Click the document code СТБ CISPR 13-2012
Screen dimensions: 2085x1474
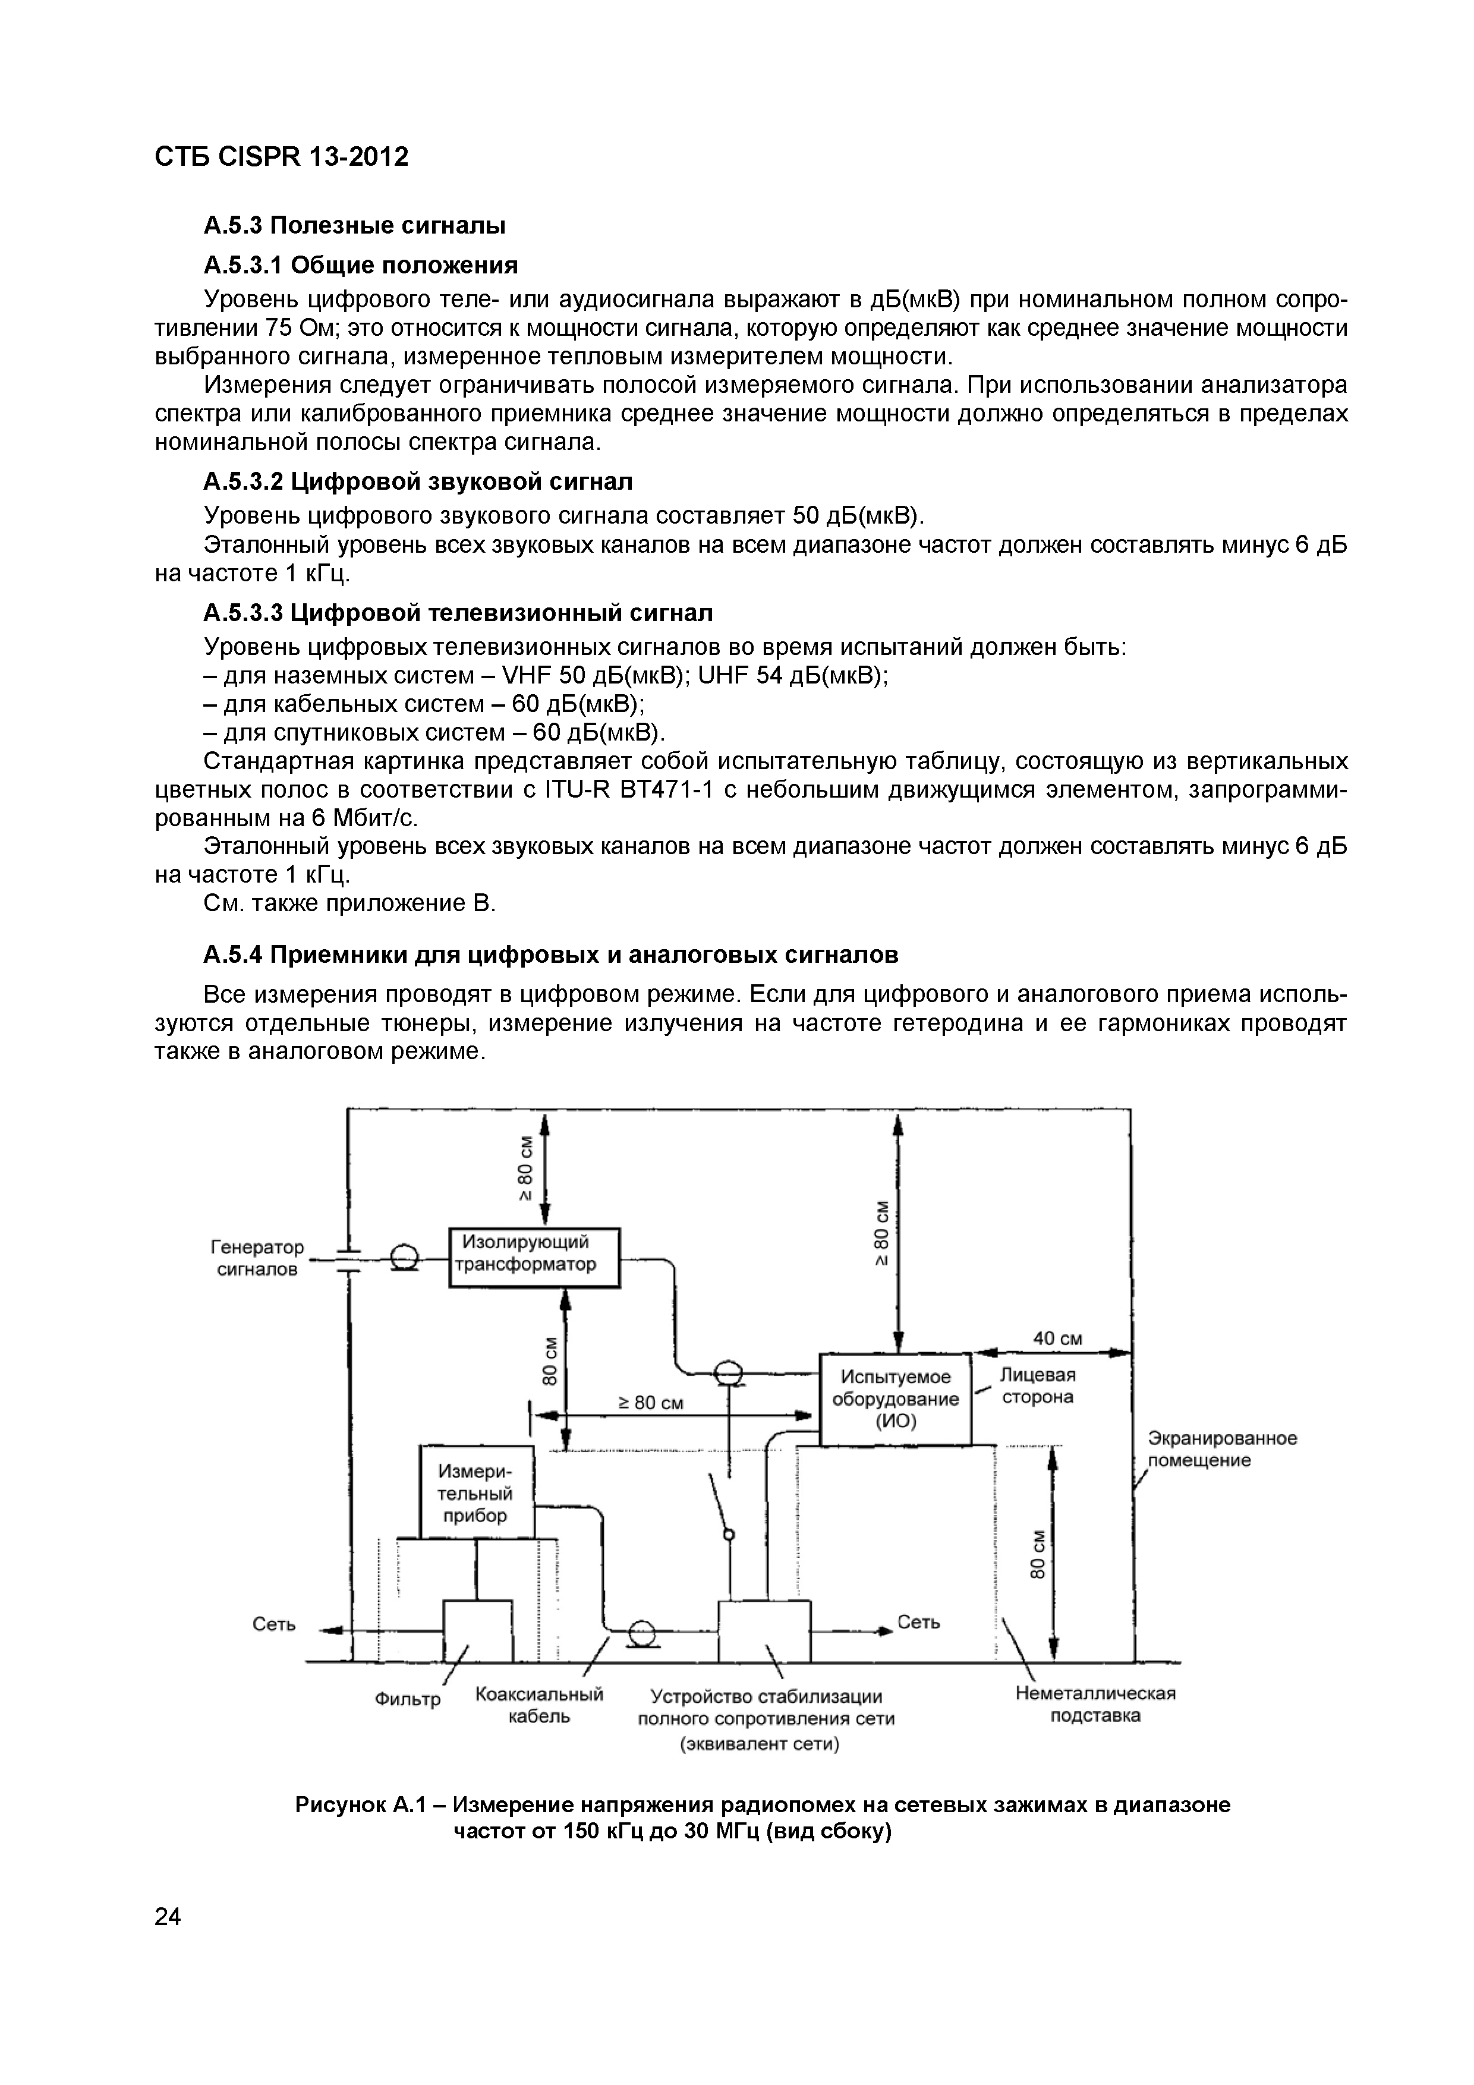click(x=282, y=157)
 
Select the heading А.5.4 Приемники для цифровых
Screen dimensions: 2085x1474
click(x=550, y=955)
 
